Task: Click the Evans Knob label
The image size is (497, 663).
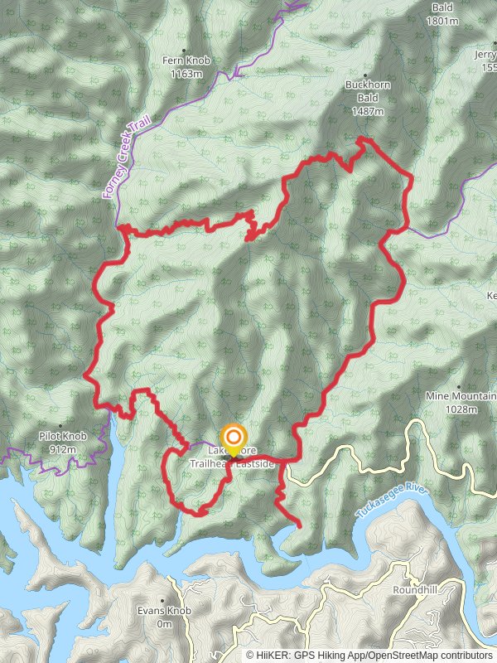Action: tap(164, 611)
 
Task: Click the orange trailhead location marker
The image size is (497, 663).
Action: tap(234, 438)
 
